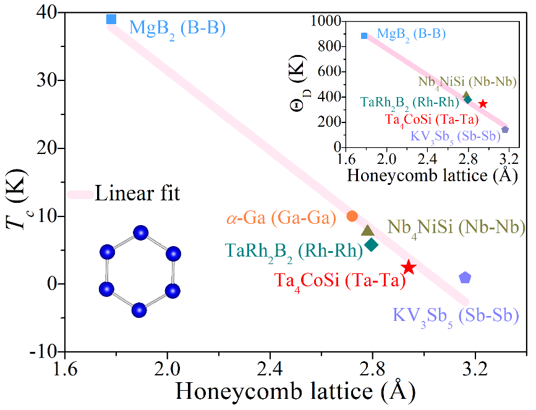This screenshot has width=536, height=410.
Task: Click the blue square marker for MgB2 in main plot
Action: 111,19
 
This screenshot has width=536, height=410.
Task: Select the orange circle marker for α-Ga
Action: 352,216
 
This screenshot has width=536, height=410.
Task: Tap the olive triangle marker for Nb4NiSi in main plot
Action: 368,231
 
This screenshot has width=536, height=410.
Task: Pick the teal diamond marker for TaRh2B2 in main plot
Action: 372,244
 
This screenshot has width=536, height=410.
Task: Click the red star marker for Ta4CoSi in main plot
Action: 409,267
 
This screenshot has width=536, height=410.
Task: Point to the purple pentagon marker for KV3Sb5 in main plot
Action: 465,278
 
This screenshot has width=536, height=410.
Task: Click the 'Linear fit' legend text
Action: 137,194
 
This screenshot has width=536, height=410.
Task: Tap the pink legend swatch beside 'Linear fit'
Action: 81,195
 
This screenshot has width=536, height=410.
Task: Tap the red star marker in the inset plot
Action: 483,104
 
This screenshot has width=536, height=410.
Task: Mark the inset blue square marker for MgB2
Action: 364,36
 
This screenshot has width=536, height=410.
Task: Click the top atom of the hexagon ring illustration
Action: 140,233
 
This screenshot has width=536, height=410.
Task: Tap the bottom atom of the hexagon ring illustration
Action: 139,309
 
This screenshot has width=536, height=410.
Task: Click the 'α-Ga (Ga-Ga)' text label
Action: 281,218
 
